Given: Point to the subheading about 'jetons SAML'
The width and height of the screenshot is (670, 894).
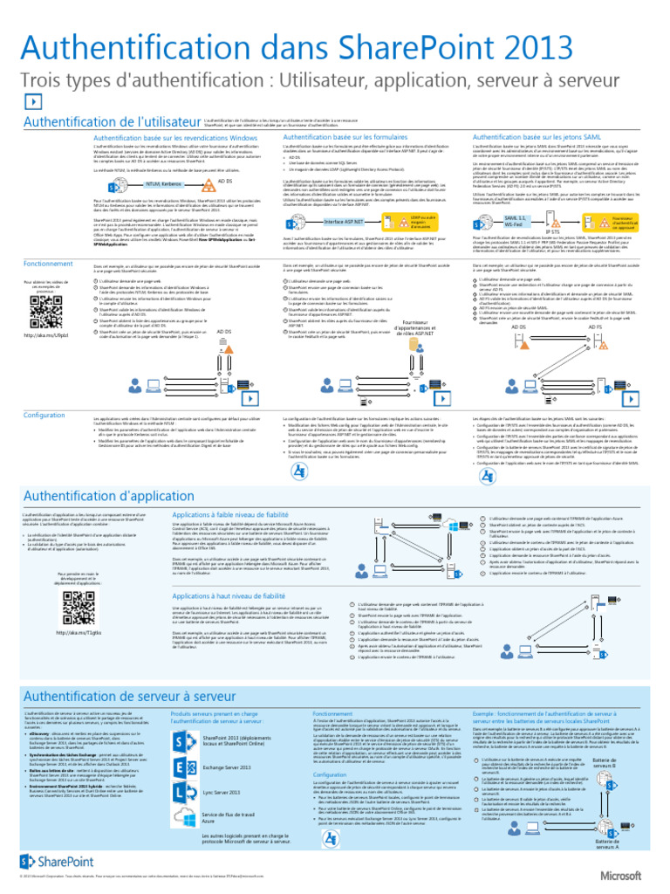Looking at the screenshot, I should (530, 137).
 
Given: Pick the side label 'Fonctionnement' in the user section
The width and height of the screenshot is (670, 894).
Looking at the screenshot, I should (49, 263).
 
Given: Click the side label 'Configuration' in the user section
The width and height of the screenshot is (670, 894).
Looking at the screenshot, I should (44, 414).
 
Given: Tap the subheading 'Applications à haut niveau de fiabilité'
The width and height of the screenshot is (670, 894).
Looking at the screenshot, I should (229, 595).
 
